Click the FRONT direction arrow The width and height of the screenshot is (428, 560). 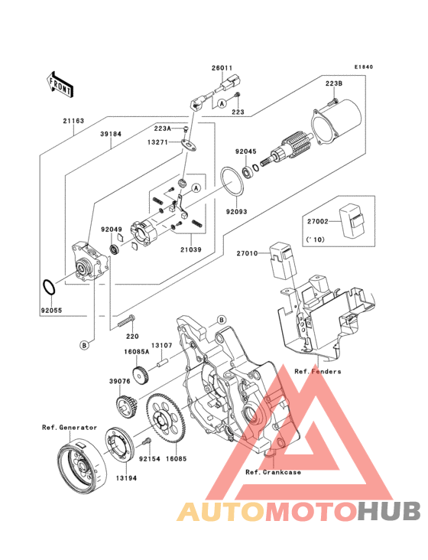(x=60, y=84)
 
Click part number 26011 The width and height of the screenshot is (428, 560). (x=222, y=68)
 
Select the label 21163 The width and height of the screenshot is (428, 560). (x=73, y=121)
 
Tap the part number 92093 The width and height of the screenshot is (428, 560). (x=236, y=211)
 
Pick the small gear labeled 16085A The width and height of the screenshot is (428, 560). (x=141, y=374)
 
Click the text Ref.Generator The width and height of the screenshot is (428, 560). (x=70, y=427)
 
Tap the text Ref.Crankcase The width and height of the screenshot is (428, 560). (x=273, y=472)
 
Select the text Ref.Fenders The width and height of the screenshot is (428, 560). (x=317, y=372)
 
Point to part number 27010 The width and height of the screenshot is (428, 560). (x=247, y=253)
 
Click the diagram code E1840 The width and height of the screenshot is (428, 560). (x=364, y=67)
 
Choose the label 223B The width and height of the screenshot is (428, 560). (x=334, y=83)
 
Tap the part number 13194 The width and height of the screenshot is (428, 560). (x=126, y=478)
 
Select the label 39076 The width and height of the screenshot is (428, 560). (x=120, y=382)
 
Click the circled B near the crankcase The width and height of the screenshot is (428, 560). (x=221, y=320)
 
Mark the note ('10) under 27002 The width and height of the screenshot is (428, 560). (x=316, y=239)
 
